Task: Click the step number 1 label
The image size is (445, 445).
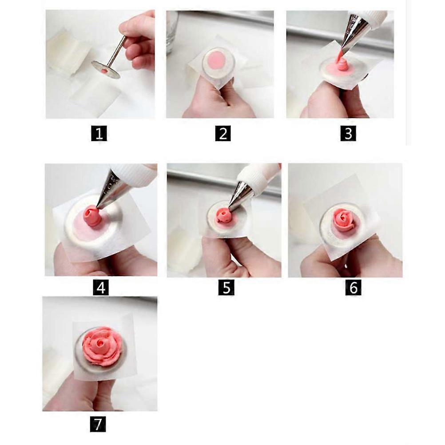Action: point(99,133)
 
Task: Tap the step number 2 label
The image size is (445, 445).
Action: point(223,133)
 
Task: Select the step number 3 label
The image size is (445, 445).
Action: point(348,133)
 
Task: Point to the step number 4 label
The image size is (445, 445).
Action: point(101,288)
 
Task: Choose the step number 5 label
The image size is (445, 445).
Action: point(226,288)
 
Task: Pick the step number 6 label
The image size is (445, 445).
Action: point(353,288)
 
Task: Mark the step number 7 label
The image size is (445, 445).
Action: point(98,424)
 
